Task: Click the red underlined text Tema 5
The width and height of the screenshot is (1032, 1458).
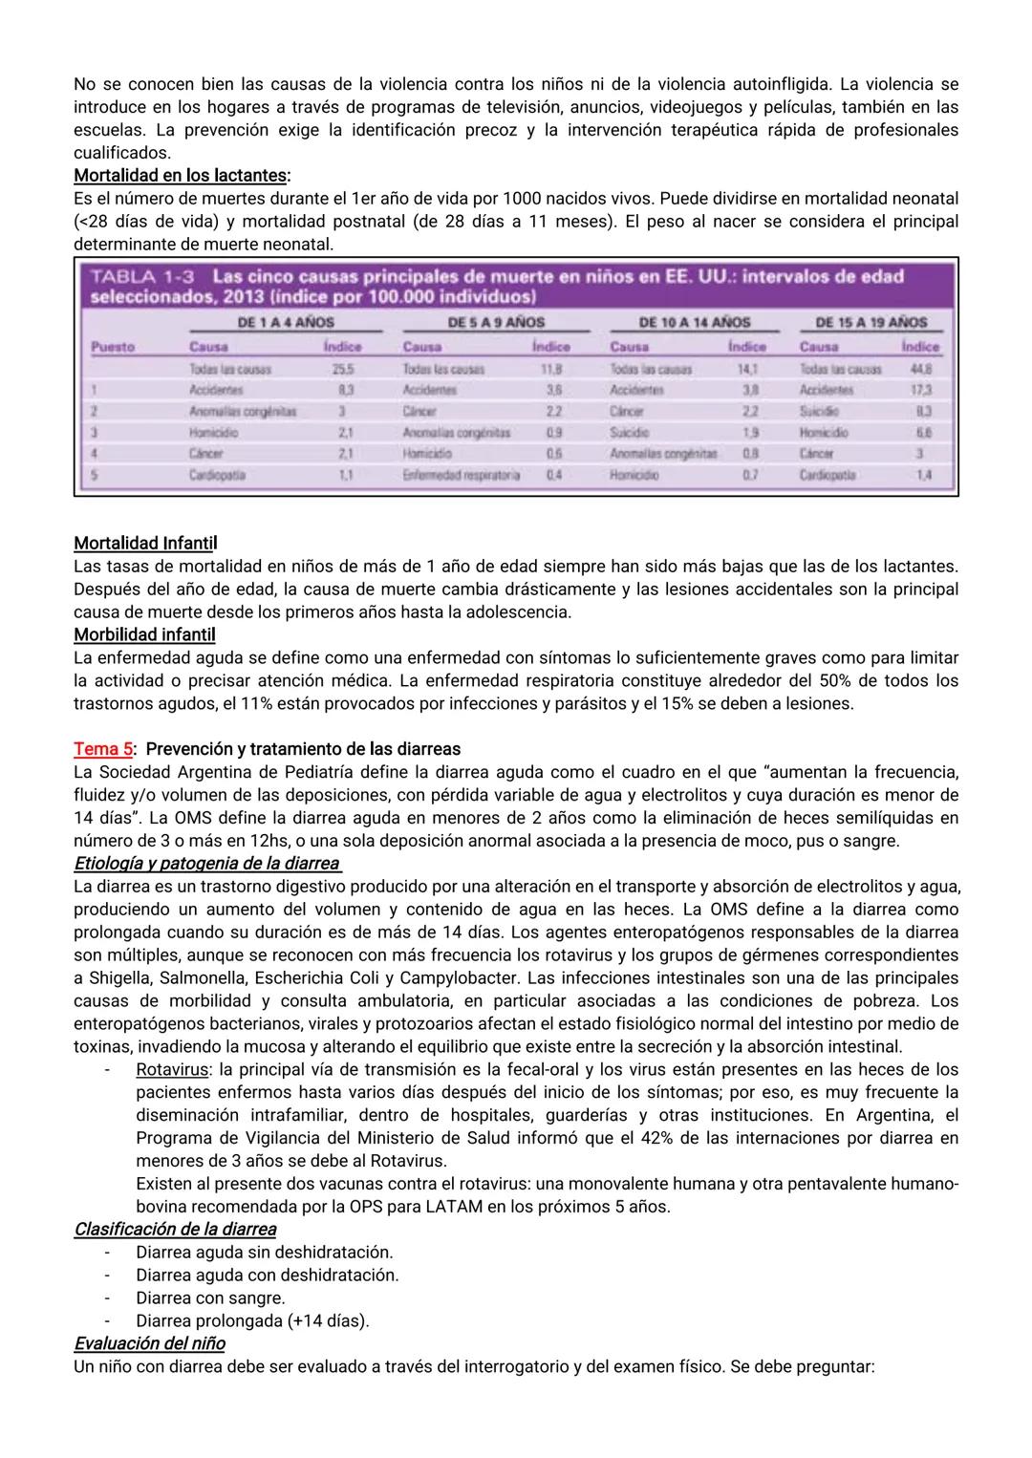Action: (x=103, y=749)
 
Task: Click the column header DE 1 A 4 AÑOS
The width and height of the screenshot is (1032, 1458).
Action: (x=285, y=323)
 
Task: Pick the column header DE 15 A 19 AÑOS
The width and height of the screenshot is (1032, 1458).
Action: (x=871, y=323)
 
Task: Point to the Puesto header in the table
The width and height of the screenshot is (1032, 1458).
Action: (x=113, y=347)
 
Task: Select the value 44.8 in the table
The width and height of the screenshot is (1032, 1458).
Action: (x=920, y=369)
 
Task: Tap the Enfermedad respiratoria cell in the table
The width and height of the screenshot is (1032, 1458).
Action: (x=462, y=475)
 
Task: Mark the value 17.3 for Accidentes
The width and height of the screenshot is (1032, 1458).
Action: (x=919, y=390)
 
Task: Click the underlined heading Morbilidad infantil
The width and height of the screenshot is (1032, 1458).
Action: (x=144, y=634)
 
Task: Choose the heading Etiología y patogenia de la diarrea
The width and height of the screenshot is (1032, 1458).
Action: (x=206, y=864)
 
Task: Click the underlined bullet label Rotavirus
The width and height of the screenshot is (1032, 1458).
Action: (x=171, y=1070)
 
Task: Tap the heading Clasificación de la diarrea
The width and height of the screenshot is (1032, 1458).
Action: (x=175, y=1230)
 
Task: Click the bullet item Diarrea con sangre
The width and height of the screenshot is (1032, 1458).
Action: (x=210, y=1298)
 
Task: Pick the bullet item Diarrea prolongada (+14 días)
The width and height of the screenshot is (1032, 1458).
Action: (x=252, y=1321)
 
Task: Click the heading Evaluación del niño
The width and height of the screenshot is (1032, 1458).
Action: (x=149, y=1344)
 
